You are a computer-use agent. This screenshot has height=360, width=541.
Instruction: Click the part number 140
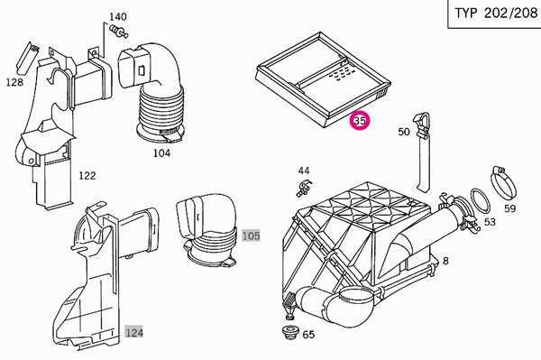118,16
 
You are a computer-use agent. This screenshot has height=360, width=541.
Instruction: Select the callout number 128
14,82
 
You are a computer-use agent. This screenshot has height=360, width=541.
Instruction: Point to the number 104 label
161,152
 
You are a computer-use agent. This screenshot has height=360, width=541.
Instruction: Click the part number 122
87,176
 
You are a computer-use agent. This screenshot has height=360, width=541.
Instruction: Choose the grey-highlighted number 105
251,236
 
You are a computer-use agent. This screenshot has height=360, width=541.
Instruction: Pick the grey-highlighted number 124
133,332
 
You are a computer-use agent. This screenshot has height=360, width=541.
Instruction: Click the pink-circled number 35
360,121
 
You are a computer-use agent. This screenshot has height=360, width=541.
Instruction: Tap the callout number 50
404,132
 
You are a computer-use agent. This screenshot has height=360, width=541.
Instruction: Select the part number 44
304,171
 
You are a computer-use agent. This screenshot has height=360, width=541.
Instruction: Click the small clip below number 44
304,188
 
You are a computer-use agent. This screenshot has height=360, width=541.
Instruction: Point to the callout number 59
510,208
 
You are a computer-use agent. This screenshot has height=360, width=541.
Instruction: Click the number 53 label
490,222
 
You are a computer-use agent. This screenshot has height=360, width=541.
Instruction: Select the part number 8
445,261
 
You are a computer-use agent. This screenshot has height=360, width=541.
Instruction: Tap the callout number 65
308,335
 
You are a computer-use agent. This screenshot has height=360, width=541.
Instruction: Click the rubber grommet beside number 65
289,332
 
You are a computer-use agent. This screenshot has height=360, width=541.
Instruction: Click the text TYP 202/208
496,14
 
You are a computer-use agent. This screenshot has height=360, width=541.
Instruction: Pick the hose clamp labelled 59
504,182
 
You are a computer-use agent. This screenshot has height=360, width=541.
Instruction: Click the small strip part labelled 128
28,58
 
